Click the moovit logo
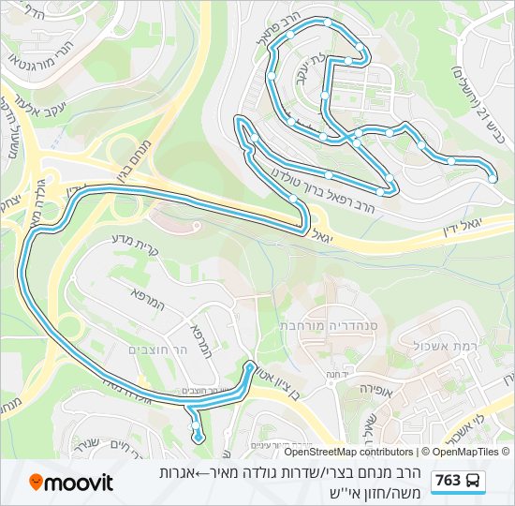click(71, 483)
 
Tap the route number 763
click(449, 481)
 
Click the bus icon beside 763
click(474, 481)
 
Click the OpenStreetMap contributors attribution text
click(347, 452)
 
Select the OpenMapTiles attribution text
click(465, 452)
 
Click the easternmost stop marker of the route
click(493, 178)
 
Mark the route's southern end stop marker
click(198, 437)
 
